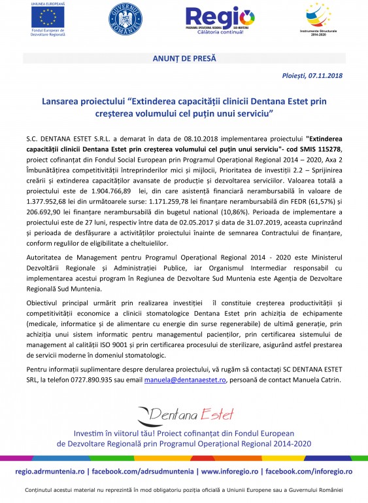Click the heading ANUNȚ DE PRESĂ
click(184, 59)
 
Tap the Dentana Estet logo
click(184, 414)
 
